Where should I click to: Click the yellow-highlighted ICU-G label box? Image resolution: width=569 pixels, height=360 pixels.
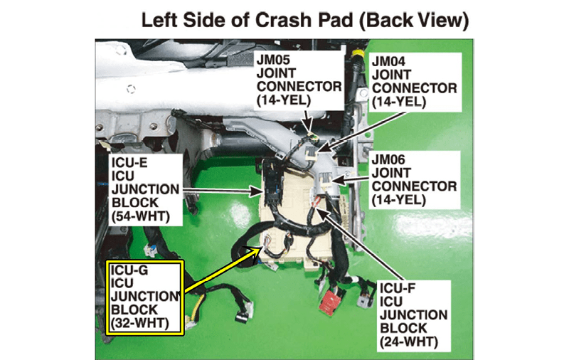coord(145,297)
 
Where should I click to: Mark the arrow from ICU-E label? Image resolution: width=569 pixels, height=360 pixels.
coord(221,190)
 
